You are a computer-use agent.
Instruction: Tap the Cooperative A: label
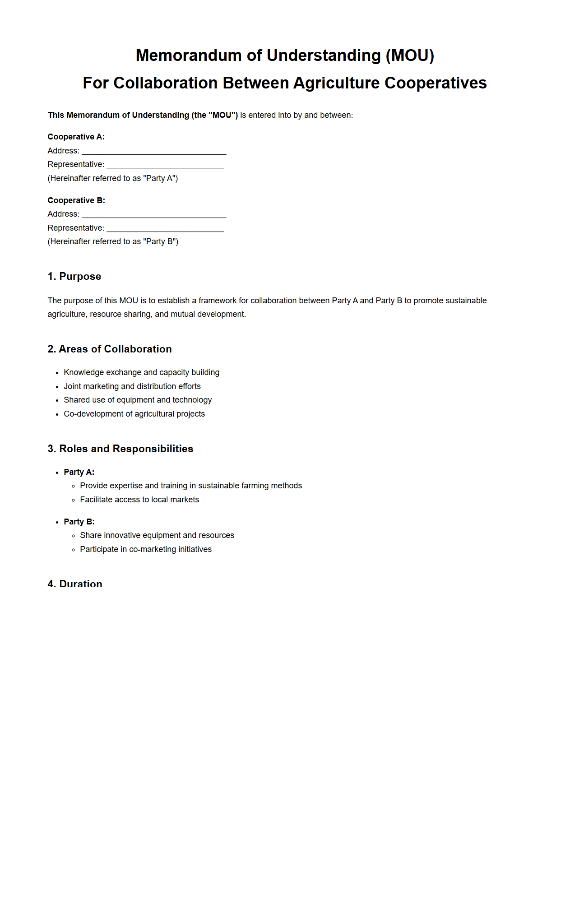[x=76, y=137]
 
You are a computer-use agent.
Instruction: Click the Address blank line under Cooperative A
[x=153, y=151]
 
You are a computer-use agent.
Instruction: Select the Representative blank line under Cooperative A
[x=165, y=165]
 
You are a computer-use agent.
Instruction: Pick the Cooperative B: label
[x=76, y=200]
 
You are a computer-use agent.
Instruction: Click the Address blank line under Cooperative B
[x=153, y=214]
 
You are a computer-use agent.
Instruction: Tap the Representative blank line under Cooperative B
[x=165, y=228]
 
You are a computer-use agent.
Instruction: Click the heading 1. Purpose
[x=74, y=276]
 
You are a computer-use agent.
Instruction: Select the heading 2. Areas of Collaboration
[x=110, y=349]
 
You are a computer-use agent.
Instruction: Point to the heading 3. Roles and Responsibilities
[x=120, y=449]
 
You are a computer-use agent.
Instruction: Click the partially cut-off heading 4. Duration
[x=75, y=583]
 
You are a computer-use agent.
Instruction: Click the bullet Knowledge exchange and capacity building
[x=141, y=372]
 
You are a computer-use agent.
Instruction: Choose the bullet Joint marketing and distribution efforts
[x=132, y=386]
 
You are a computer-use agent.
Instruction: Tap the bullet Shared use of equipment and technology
[x=138, y=400]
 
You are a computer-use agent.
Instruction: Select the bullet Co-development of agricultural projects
[x=134, y=414]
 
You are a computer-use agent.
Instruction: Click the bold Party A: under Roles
[x=79, y=472]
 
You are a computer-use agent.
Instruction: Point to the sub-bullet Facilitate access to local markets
[x=139, y=500]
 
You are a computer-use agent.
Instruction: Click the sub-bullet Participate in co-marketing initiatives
[x=146, y=549]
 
